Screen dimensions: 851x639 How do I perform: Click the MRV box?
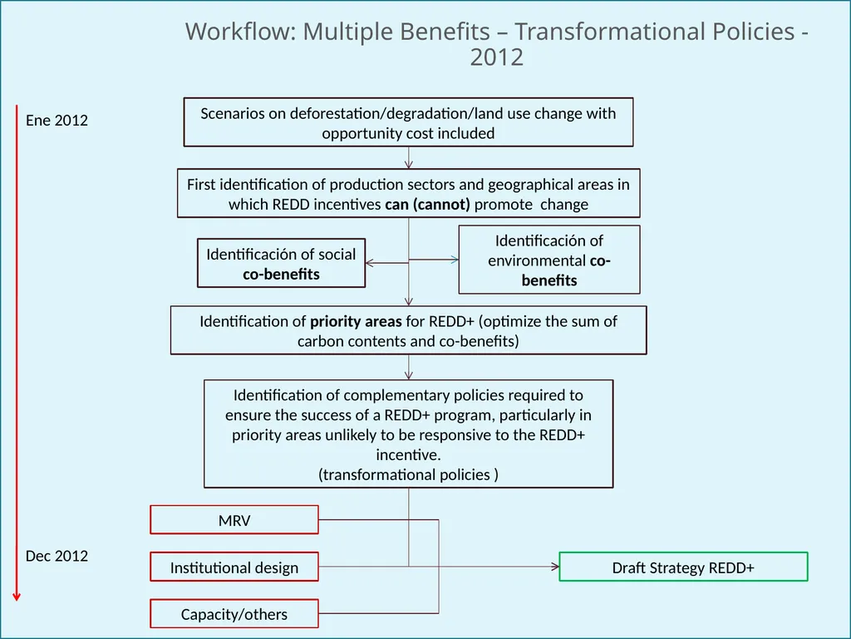tap(234, 520)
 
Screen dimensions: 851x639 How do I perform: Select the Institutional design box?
tap(234, 567)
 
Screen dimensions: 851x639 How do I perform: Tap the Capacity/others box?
tap(234, 613)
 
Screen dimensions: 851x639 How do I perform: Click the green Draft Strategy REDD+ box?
tap(683, 567)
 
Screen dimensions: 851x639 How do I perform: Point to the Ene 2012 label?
tap(57, 120)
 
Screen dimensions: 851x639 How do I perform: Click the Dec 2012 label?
tap(57, 556)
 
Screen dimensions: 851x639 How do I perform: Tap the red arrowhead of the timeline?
tap(17, 597)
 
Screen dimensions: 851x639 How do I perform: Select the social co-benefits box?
tap(281, 263)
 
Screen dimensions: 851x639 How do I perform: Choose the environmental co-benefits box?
tap(549, 260)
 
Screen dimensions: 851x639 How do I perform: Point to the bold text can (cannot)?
tap(427, 205)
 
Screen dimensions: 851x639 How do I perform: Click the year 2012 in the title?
tap(497, 57)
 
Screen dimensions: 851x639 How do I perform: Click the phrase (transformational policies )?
tap(408, 474)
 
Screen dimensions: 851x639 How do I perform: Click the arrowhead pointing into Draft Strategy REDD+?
tap(555, 567)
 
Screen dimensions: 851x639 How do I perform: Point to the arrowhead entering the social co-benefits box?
tap(370, 263)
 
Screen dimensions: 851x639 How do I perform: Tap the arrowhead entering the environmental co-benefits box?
tap(455, 260)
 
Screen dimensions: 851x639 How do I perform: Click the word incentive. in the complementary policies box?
tap(408, 454)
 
